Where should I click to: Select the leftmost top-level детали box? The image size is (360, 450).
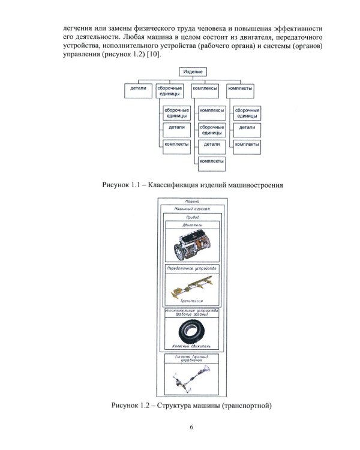(137, 88)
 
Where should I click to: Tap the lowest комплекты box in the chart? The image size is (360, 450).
(212, 161)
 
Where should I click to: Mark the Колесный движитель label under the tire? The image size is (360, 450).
(192, 346)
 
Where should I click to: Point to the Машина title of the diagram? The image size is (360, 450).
(192, 202)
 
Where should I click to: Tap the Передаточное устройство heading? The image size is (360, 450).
(192, 266)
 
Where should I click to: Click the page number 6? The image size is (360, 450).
(191, 427)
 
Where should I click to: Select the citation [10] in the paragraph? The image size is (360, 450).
(154, 55)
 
